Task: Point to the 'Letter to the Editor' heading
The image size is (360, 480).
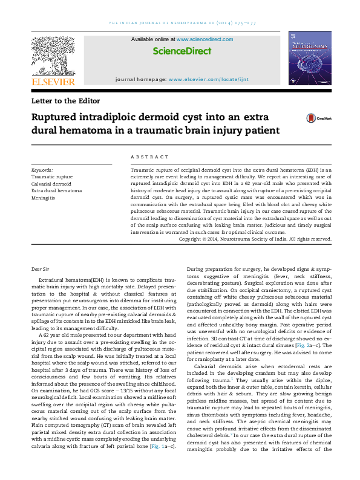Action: pos(65,101)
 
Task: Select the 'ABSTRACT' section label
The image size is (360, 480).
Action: pos(147,155)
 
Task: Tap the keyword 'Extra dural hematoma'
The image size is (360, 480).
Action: pos(56,190)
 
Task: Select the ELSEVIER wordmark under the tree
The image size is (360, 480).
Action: pos(53,82)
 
